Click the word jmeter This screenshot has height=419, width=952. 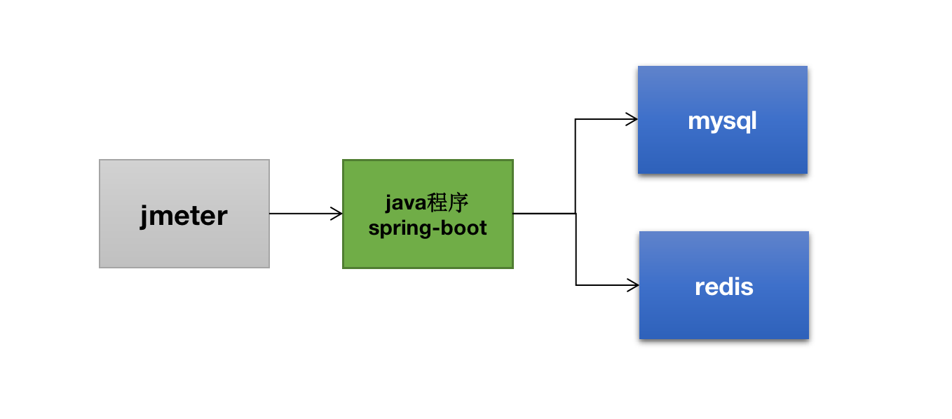(184, 215)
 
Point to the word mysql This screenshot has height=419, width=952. (722, 121)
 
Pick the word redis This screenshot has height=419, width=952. (724, 287)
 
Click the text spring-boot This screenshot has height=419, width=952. (428, 228)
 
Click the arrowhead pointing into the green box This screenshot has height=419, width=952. (338, 214)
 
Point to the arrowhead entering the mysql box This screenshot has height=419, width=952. (632, 119)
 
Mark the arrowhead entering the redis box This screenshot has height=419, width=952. (634, 285)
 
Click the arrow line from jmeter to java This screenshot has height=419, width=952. (301, 214)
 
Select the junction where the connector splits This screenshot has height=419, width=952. (576, 214)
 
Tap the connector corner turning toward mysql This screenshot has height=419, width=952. (576, 119)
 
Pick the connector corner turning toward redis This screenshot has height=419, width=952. (576, 285)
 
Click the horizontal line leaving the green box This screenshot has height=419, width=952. (543, 214)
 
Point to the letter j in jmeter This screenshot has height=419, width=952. (144, 215)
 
